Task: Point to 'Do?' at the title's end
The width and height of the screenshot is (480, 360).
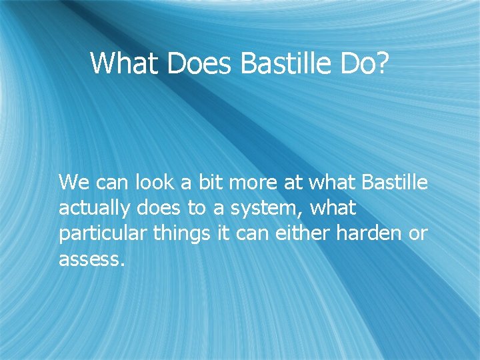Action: tap(364, 63)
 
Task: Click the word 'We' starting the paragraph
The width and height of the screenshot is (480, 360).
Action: tap(73, 182)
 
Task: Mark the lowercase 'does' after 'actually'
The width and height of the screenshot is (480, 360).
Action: tap(158, 209)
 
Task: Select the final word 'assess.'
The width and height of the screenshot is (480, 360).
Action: tap(91, 259)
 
